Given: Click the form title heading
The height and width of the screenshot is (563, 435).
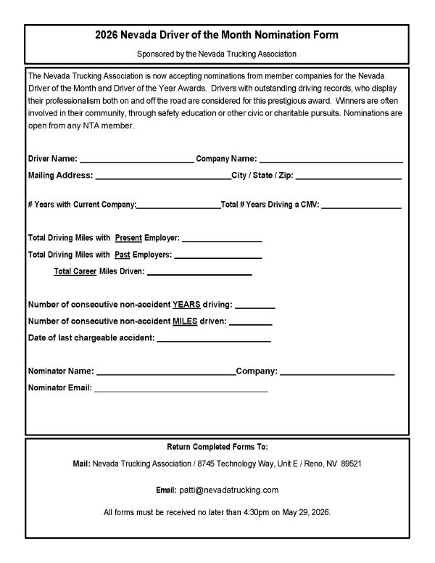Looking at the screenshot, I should click(x=217, y=35).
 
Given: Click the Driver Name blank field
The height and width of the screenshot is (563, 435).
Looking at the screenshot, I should click(x=136, y=159).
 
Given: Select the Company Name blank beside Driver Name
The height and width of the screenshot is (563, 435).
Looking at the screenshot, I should click(x=331, y=159).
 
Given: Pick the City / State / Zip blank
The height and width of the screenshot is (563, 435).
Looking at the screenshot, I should click(x=348, y=176).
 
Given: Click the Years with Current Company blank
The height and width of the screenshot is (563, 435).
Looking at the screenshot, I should click(x=178, y=205).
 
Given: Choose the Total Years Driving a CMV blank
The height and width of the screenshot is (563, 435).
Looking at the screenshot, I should click(x=360, y=205).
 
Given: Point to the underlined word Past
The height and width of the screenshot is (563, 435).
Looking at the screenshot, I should click(x=127, y=255).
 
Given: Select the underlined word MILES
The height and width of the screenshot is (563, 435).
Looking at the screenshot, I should click(x=184, y=321).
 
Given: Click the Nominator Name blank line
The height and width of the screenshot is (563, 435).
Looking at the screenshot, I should click(x=165, y=371).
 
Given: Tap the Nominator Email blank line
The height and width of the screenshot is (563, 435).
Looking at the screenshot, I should click(x=181, y=388).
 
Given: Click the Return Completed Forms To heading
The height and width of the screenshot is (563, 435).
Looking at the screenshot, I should click(x=217, y=446).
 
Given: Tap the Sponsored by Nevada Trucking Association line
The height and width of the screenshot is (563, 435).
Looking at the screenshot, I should click(x=217, y=54).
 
